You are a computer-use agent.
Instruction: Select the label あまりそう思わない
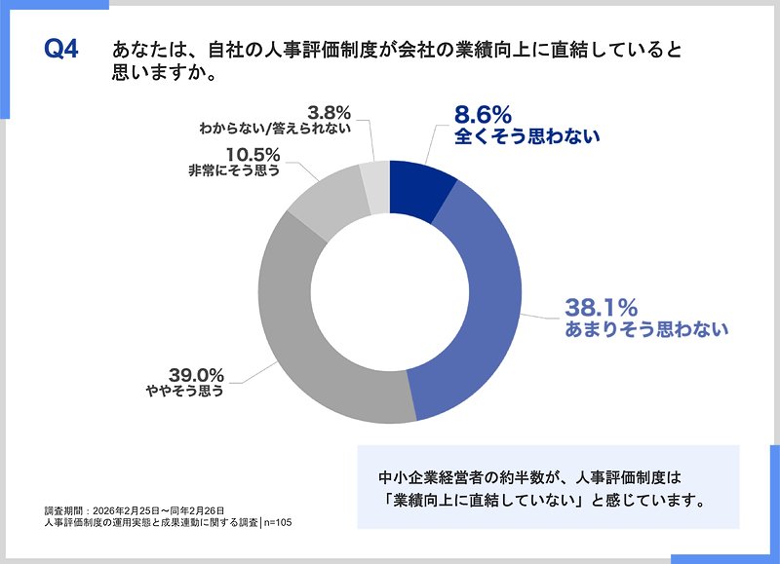click(646, 329)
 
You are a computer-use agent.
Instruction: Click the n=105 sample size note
click(277, 523)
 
